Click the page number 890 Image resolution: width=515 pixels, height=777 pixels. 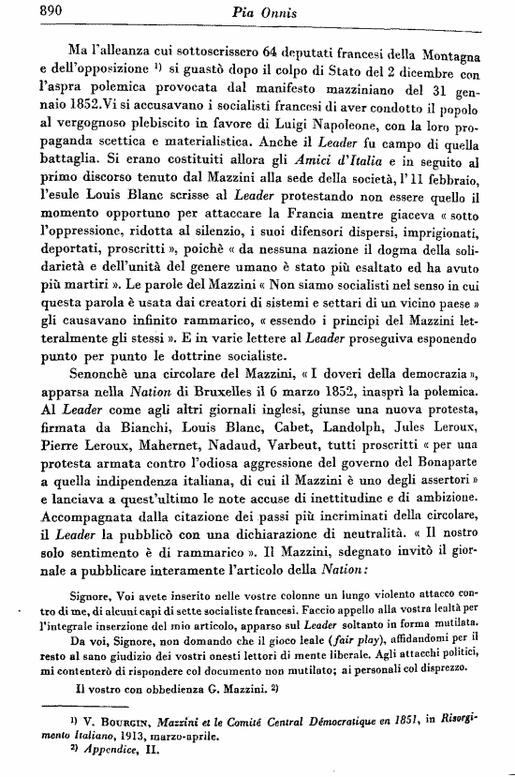click(x=28, y=11)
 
